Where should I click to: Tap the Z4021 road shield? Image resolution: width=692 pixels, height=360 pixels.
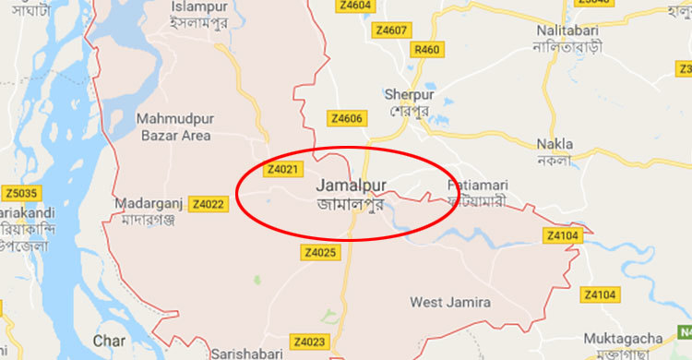click(283, 170)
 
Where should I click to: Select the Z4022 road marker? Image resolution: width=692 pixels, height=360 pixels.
click(209, 204)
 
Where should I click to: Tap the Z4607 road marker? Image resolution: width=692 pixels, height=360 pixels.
click(391, 30)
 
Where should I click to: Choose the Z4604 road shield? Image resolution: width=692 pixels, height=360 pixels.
click(355, 5)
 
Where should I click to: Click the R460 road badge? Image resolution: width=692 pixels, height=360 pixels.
click(428, 49)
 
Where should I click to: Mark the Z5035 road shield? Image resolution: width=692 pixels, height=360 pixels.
click(20, 193)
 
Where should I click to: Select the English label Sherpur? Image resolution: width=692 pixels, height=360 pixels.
click(407, 94)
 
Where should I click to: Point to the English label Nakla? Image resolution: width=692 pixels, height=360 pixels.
click(555, 144)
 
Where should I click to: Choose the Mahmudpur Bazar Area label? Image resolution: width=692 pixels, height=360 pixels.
click(173, 126)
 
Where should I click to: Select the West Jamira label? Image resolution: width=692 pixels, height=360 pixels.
click(451, 302)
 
